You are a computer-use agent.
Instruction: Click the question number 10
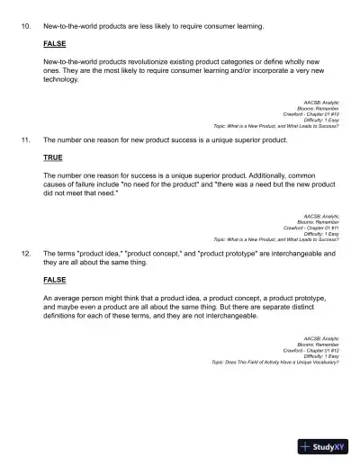[25, 26]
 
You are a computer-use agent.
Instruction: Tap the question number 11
[25, 141]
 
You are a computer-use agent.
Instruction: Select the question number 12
[25, 254]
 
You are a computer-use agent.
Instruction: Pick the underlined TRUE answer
[53, 157]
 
